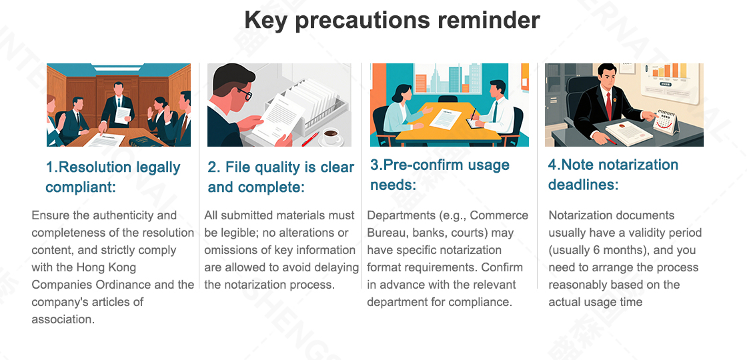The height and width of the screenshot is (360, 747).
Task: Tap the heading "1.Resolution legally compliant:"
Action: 113,177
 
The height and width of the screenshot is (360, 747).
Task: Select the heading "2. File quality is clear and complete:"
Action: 281,177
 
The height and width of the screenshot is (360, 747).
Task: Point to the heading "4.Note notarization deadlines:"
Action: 613,174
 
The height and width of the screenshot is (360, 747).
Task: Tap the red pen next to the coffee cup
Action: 309,139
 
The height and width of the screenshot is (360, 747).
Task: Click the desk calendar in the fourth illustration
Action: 666,122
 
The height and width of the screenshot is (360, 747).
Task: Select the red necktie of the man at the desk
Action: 608,107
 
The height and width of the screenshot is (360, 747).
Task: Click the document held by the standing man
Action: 123,115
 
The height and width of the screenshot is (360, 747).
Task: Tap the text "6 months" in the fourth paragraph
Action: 610,250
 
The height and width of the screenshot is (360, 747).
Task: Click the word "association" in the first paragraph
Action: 63,319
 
